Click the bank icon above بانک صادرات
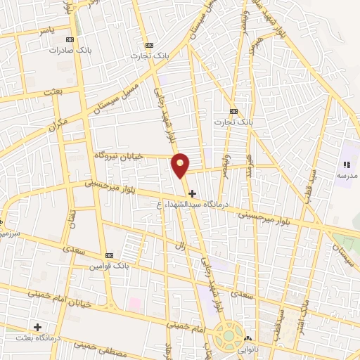point(69,40)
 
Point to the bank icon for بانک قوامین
point(108,256)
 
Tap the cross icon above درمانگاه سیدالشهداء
point(192,193)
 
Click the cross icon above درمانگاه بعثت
point(37,327)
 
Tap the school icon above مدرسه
point(347,164)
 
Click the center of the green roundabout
point(229,336)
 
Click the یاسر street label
point(46,32)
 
